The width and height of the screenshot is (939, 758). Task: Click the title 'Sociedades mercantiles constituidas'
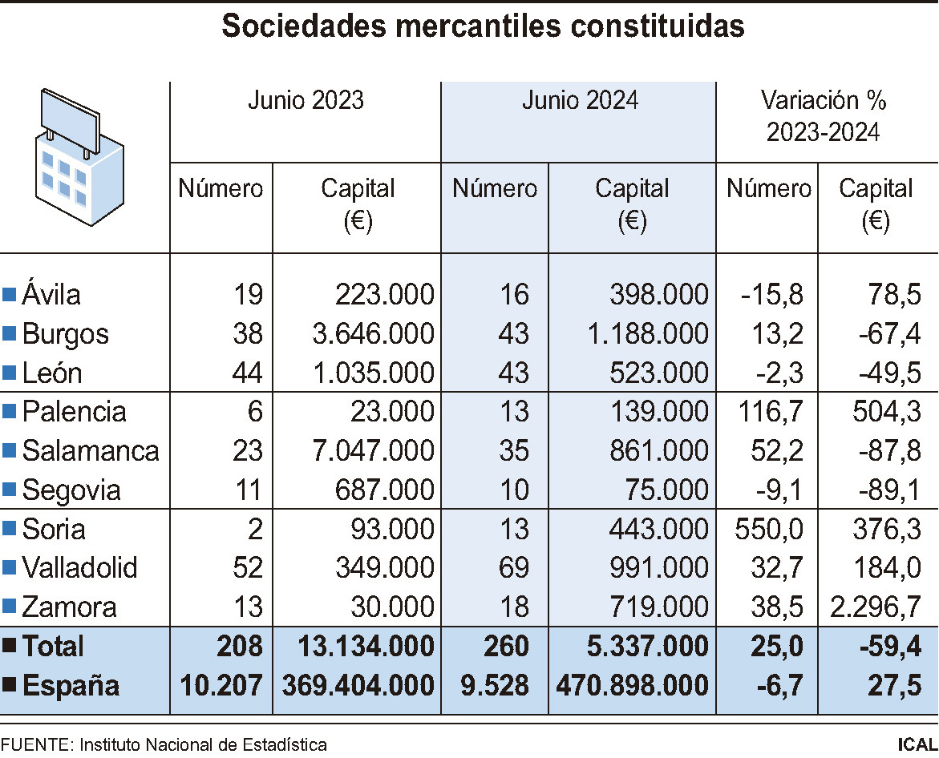pyautogui.click(x=483, y=26)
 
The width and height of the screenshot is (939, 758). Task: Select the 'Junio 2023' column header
pyautogui.click(x=306, y=101)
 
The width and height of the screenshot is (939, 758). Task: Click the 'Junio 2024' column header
pyautogui.click(x=580, y=101)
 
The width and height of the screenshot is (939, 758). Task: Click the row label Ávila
pyautogui.click(x=51, y=295)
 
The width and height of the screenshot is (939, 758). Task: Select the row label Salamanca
pyautogui.click(x=90, y=451)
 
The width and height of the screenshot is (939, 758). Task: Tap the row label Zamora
pyautogui.click(x=69, y=607)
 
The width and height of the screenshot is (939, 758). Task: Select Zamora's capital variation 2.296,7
pyautogui.click(x=876, y=607)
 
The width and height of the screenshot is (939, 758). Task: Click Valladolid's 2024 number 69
pyautogui.click(x=513, y=568)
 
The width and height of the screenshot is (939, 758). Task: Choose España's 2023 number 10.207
pyautogui.click(x=221, y=686)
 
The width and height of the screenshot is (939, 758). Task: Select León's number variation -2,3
pyautogui.click(x=779, y=373)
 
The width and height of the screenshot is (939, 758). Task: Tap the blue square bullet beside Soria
pyautogui.click(x=10, y=530)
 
